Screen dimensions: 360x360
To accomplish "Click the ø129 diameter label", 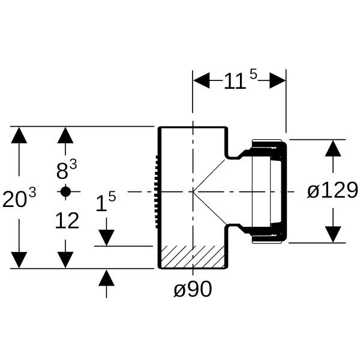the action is [x=332, y=190].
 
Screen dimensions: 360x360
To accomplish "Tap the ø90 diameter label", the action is [x=193, y=289].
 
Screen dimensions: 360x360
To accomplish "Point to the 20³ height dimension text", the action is [x=19, y=198].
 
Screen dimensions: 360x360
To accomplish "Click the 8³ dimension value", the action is [x=67, y=170].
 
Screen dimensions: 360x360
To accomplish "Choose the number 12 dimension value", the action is [x=67, y=221].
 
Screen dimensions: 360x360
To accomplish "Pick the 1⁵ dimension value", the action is [x=106, y=202].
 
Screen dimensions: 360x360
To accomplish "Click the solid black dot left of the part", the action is [x=65, y=191].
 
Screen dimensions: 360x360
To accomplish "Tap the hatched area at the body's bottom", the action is [x=193, y=257].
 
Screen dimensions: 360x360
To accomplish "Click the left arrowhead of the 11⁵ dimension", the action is [x=202, y=80].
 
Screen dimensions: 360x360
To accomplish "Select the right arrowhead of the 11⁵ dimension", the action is [x=277, y=80].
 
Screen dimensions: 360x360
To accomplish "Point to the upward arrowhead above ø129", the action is [x=333, y=148].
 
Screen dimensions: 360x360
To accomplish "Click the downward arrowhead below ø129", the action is [x=333, y=234].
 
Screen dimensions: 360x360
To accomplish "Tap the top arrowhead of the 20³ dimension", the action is [x=19, y=135].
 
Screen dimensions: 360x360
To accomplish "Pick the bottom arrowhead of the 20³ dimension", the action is [x=19, y=260].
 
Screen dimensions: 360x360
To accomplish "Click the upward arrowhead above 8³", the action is [x=65, y=135].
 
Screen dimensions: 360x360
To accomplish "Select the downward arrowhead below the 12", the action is [x=65, y=260].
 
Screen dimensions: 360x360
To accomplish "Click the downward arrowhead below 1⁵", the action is [x=107, y=238].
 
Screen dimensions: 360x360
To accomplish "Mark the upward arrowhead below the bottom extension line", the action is [x=107, y=278].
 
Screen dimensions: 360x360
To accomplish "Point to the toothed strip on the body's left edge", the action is [x=157, y=192].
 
